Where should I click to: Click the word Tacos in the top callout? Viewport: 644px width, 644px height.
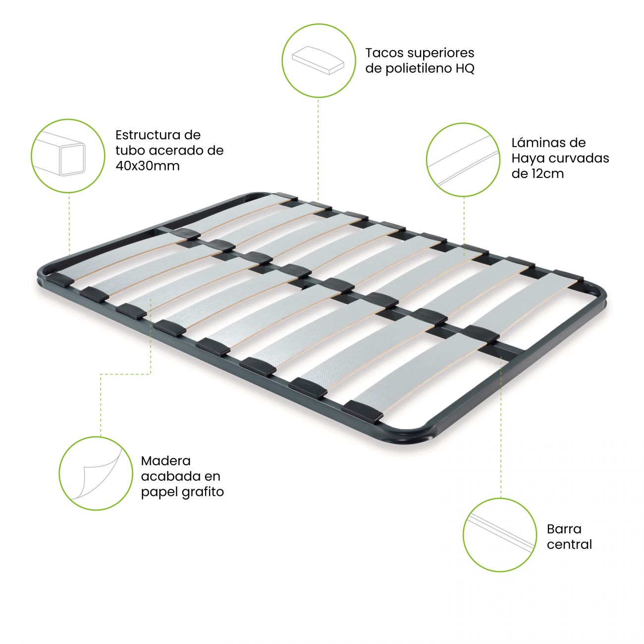384,53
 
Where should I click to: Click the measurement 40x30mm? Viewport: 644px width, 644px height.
148,166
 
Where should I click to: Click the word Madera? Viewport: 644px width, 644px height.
165,461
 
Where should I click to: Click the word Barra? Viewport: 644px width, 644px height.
564,529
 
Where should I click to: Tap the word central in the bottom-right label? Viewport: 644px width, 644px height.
569,544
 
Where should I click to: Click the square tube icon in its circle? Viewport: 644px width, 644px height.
68,156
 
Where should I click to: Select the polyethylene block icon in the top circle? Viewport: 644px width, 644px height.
319,60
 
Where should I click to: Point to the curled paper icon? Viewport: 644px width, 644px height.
96,473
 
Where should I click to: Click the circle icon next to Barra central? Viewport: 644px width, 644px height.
500,535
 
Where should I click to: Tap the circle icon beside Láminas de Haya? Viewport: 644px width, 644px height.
464,160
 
